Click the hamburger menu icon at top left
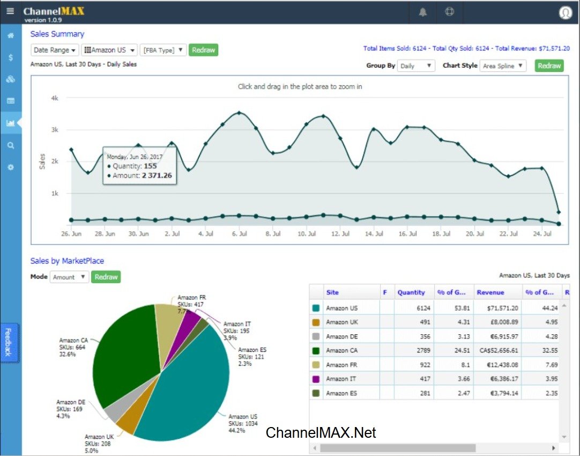(10, 11)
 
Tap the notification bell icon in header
(423, 12)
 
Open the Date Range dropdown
(54, 50)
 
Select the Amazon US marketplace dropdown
(109, 50)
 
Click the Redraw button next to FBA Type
(203, 50)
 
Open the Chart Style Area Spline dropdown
(503, 66)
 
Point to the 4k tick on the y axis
(54, 98)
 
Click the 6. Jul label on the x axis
(239, 234)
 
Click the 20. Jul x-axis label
(475, 234)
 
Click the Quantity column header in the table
(411, 292)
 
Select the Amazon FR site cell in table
(341, 365)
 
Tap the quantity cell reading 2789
(414, 350)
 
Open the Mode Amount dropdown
(69, 277)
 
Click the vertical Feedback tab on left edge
(8, 343)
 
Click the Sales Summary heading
(57, 34)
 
